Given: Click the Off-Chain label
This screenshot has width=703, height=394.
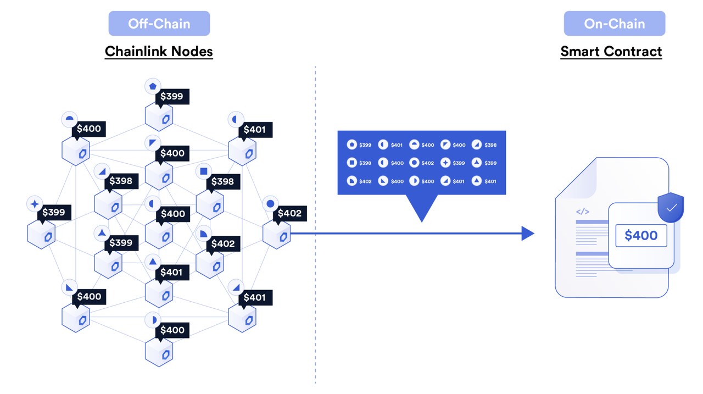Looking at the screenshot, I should [159, 24].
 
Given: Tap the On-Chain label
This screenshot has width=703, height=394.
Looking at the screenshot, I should [614, 24].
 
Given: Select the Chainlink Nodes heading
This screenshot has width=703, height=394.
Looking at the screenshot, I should [159, 52].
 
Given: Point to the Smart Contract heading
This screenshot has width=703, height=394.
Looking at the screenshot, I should [611, 52].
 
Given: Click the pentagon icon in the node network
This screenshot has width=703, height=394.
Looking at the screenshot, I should [153, 86].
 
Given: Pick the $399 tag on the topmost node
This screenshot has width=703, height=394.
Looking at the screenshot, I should [172, 97].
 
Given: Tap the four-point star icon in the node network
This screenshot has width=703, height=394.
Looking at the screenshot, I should [35, 204].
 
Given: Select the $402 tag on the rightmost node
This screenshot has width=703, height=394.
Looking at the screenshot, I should [289, 213].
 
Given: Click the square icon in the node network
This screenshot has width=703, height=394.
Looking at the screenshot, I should [204, 171].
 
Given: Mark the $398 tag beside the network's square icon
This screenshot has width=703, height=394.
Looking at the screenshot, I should [223, 181].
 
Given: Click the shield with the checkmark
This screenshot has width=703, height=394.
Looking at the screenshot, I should [671, 208].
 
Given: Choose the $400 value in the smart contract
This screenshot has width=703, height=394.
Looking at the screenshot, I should [641, 236].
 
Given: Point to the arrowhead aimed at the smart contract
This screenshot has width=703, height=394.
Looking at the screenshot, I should [527, 234].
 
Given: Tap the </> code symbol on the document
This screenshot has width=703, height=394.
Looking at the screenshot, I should [583, 212].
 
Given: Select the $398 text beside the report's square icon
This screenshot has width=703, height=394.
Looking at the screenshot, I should [365, 163].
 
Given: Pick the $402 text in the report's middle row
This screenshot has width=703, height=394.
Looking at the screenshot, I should [428, 163].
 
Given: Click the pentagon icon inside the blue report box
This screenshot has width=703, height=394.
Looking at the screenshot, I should [352, 145].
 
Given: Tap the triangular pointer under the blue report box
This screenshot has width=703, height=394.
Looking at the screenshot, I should [422, 207].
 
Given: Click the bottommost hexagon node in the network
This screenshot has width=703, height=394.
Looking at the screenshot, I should [159, 352].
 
